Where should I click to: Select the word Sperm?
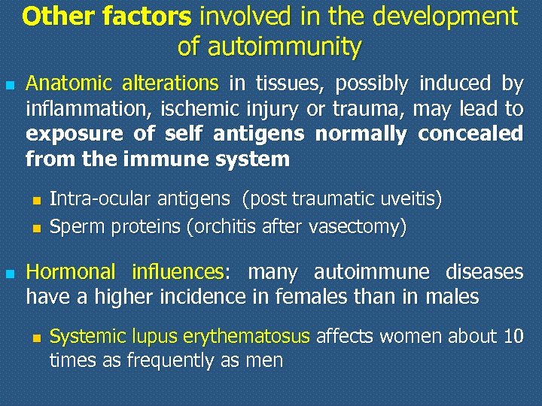click(73, 226)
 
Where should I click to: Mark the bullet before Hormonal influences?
click(10, 272)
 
